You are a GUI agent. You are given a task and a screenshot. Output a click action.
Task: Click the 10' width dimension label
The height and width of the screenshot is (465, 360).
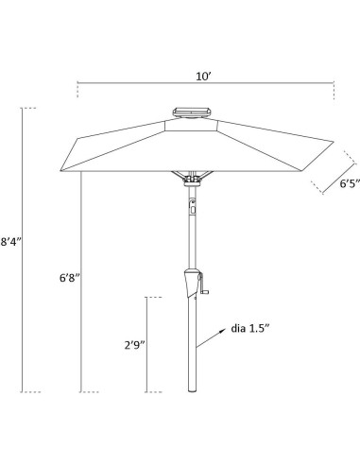203,77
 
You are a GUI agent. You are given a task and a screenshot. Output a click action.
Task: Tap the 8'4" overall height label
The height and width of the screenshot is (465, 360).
10,242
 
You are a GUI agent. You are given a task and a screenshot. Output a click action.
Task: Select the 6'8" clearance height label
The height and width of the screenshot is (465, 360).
70,278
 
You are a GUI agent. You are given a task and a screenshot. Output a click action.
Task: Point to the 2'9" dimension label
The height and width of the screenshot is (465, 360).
134,345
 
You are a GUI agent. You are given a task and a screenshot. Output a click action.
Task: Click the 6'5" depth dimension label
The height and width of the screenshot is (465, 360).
350,183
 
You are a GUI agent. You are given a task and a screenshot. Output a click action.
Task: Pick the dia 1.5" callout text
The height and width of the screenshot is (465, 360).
250,328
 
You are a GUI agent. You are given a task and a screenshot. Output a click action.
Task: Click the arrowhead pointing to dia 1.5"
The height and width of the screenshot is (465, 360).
222,331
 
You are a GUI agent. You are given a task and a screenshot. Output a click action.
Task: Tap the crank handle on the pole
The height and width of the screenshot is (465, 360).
203,284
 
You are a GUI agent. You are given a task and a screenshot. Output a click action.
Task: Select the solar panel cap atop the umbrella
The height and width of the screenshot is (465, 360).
192,112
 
